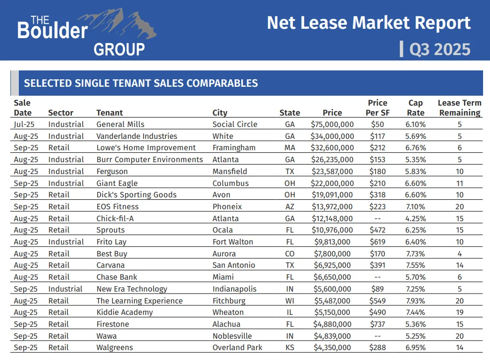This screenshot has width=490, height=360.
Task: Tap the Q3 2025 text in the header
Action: click(x=439, y=49)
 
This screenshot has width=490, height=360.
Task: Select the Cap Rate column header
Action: click(x=416, y=108)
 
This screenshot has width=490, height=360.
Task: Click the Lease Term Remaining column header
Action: click(x=459, y=108)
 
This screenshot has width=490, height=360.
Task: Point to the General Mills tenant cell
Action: click(x=120, y=124)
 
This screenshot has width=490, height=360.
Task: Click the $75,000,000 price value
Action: click(x=332, y=124)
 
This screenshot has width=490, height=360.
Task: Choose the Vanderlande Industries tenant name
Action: click(x=137, y=136)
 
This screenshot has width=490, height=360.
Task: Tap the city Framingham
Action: click(x=234, y=148)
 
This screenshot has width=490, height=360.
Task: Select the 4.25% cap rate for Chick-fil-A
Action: click(x=415, y=219)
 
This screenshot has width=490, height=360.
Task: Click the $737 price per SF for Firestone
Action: click(x=378, y=324)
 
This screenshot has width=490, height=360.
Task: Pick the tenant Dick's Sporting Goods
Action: click(x=136, y=195)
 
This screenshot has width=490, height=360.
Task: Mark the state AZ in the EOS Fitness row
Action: click(x=290, y=207)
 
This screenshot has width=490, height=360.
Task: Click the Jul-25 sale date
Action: click(x=24, y=124)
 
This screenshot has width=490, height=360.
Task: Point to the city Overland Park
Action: click(x=237, y=348)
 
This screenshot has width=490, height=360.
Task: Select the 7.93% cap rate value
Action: click(x=415, y=301)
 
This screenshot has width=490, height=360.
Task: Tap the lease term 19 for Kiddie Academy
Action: click(x=459, y=312)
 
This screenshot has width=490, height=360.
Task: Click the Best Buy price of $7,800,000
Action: click(x=334, y=254)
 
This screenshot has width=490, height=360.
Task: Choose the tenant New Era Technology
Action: click(x=132, y=289)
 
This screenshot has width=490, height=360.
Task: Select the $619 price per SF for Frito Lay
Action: click(x=378, y=242)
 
